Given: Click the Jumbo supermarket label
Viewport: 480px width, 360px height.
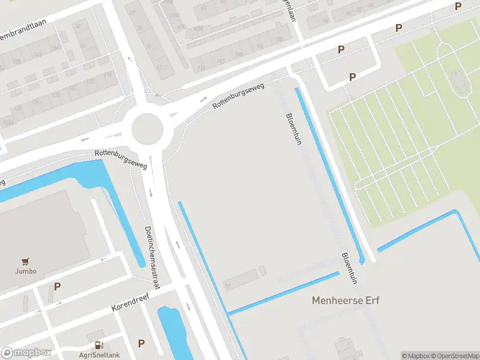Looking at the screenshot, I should click(x=26, y=271).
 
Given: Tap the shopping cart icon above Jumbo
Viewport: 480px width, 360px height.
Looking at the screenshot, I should click(x=26, y=261).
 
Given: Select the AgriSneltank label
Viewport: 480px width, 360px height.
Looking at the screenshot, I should click(x=99, y=355).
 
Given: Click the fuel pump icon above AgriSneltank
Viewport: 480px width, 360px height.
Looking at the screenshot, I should click(x=99, y=345).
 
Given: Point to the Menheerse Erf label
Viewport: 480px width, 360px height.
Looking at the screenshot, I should click(x=346, y=300).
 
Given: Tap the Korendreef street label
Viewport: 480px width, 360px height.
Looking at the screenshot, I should click(x=130, y=303).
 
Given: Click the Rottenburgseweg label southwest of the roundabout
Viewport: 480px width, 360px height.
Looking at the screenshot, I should click(x=121, y=159).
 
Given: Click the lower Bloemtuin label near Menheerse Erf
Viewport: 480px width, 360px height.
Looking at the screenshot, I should click(x=349, y=268).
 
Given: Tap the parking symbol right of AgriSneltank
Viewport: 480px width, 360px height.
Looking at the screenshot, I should click(x=142, y=343).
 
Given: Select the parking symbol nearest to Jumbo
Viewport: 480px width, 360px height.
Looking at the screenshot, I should click(x=57, y=287).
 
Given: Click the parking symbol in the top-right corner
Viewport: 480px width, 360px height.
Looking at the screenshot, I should click(x=458, y=7).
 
